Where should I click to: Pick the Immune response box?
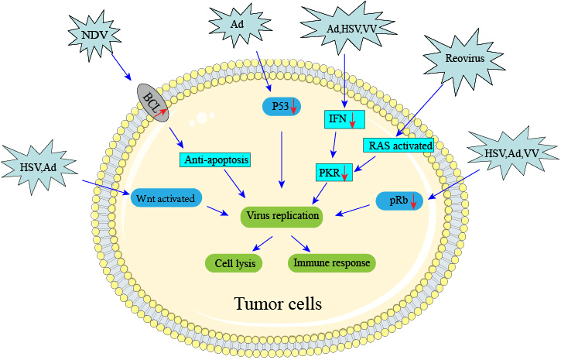point(332,263)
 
